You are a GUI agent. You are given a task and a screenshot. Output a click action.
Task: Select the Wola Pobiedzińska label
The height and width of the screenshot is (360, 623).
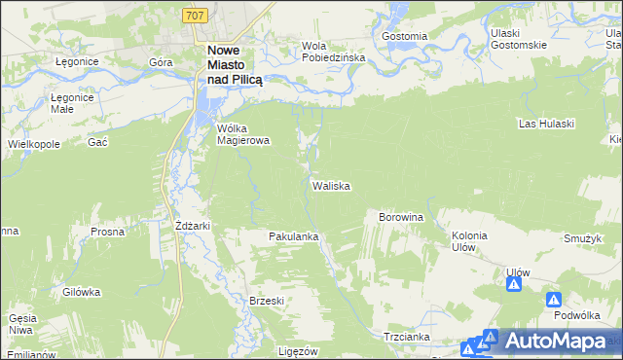[x=332, y=52]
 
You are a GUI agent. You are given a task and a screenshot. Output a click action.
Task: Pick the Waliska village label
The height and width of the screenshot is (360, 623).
[x=331, y=185]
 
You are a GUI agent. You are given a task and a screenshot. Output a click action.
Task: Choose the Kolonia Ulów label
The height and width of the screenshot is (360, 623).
[x=469, y=241]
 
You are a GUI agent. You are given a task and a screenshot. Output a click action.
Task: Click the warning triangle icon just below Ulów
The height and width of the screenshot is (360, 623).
[x=513, y=285]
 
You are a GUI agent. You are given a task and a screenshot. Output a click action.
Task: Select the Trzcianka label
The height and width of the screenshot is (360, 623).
[x=407, y=336]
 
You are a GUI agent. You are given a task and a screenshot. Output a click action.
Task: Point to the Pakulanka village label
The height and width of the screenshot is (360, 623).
[x=295, y=236]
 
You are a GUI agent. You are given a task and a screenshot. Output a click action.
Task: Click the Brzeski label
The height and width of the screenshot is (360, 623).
[x=266, y=301]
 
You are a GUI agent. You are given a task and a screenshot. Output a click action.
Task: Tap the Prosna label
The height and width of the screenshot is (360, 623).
[x=106, y=233]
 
